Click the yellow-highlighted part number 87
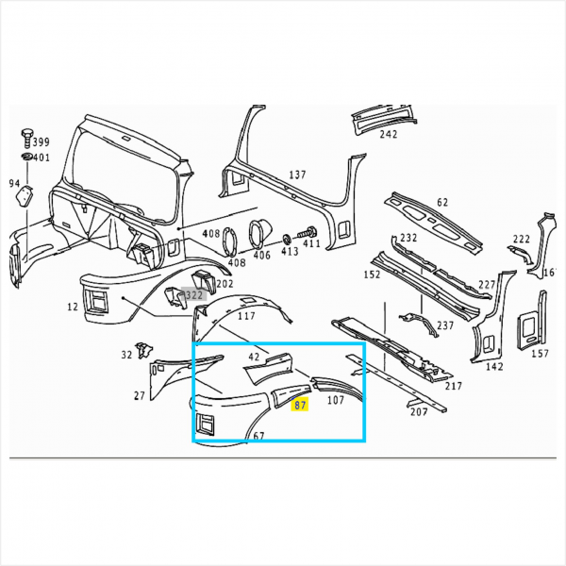tap(300, 405)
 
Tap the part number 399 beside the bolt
tap(41, 141)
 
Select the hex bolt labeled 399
tap(26, 138)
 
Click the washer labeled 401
tap(26, 157)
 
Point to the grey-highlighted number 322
tap(194, 294)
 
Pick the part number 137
tap(297, 175)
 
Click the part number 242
tap(388, 134)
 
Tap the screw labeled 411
tap(308, 232)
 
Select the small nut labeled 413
tap(288, 239)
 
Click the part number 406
tap(261, 255)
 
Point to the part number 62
tap(442, 202)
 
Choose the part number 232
tap(408, 238)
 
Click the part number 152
tap(372, 275)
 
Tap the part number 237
tap(445, 325)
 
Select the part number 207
tap(419, 411)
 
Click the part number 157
tap(540, 353)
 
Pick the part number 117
tap(246, 316)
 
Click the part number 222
tap(522, 239)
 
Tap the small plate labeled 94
tap(25, 195)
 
